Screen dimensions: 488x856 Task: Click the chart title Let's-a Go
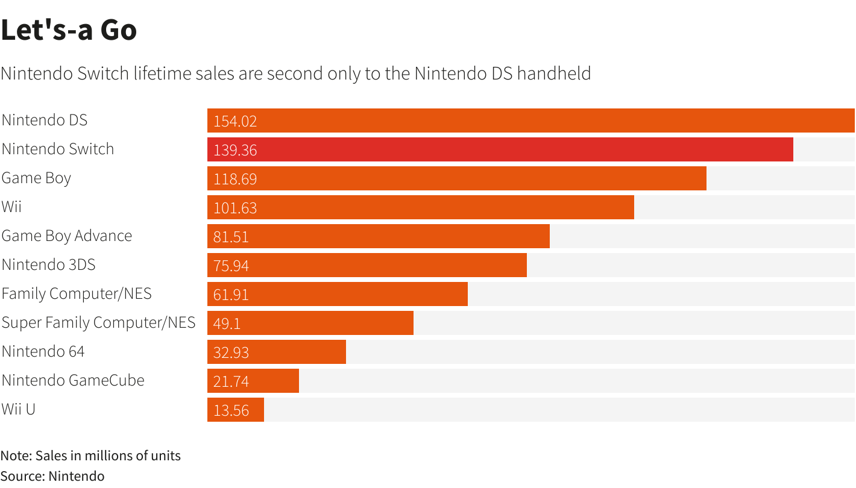point(69,30)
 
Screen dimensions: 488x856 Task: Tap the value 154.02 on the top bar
point(235,121)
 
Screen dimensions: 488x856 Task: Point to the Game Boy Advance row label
point(67,236)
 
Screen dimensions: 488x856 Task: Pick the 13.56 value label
point(231,410)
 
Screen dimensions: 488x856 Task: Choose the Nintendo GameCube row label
point(73,380)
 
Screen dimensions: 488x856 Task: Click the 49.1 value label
point(227,324)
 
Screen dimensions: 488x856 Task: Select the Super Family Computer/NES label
point(98,322)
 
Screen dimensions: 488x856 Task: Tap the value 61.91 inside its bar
point(231,295)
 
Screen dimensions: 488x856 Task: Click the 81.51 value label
point(231,237)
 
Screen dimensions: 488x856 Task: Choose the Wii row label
point(11,207)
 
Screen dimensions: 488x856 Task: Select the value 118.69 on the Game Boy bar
point(235,179)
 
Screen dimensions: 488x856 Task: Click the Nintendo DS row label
point(45,120)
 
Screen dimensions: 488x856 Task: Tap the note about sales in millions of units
point(90,455)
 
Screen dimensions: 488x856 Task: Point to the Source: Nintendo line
point(52,476)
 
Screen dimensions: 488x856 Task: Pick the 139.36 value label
point(235,150)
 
